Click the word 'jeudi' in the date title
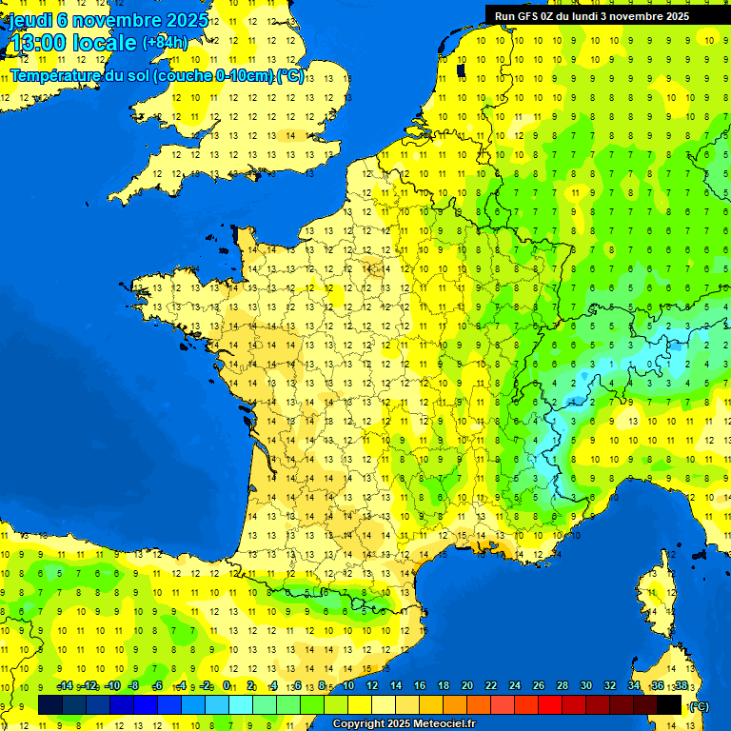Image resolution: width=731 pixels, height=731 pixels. [x=31, y=19]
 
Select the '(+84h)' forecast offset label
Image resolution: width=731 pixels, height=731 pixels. [x=165, y=42]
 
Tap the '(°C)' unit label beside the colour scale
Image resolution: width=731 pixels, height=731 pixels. [x=699, y=706]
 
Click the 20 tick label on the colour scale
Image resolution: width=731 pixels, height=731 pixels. [x=466, y=685]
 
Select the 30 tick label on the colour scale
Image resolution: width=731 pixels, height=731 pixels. [x=585, y=685]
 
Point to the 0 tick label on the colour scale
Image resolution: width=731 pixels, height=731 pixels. [x=227, y=685]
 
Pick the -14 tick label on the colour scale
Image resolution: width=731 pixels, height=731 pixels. [x=65, y=685]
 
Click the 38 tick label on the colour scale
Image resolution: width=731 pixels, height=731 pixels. [x=681, y=685]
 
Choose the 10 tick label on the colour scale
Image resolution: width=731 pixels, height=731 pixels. [x=347, y=685]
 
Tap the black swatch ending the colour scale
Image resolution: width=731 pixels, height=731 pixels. [x=669, y=704]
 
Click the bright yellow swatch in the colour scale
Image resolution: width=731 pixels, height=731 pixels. [x=360, y=704]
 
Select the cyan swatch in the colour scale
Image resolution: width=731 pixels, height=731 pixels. [x=241, y=704]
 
